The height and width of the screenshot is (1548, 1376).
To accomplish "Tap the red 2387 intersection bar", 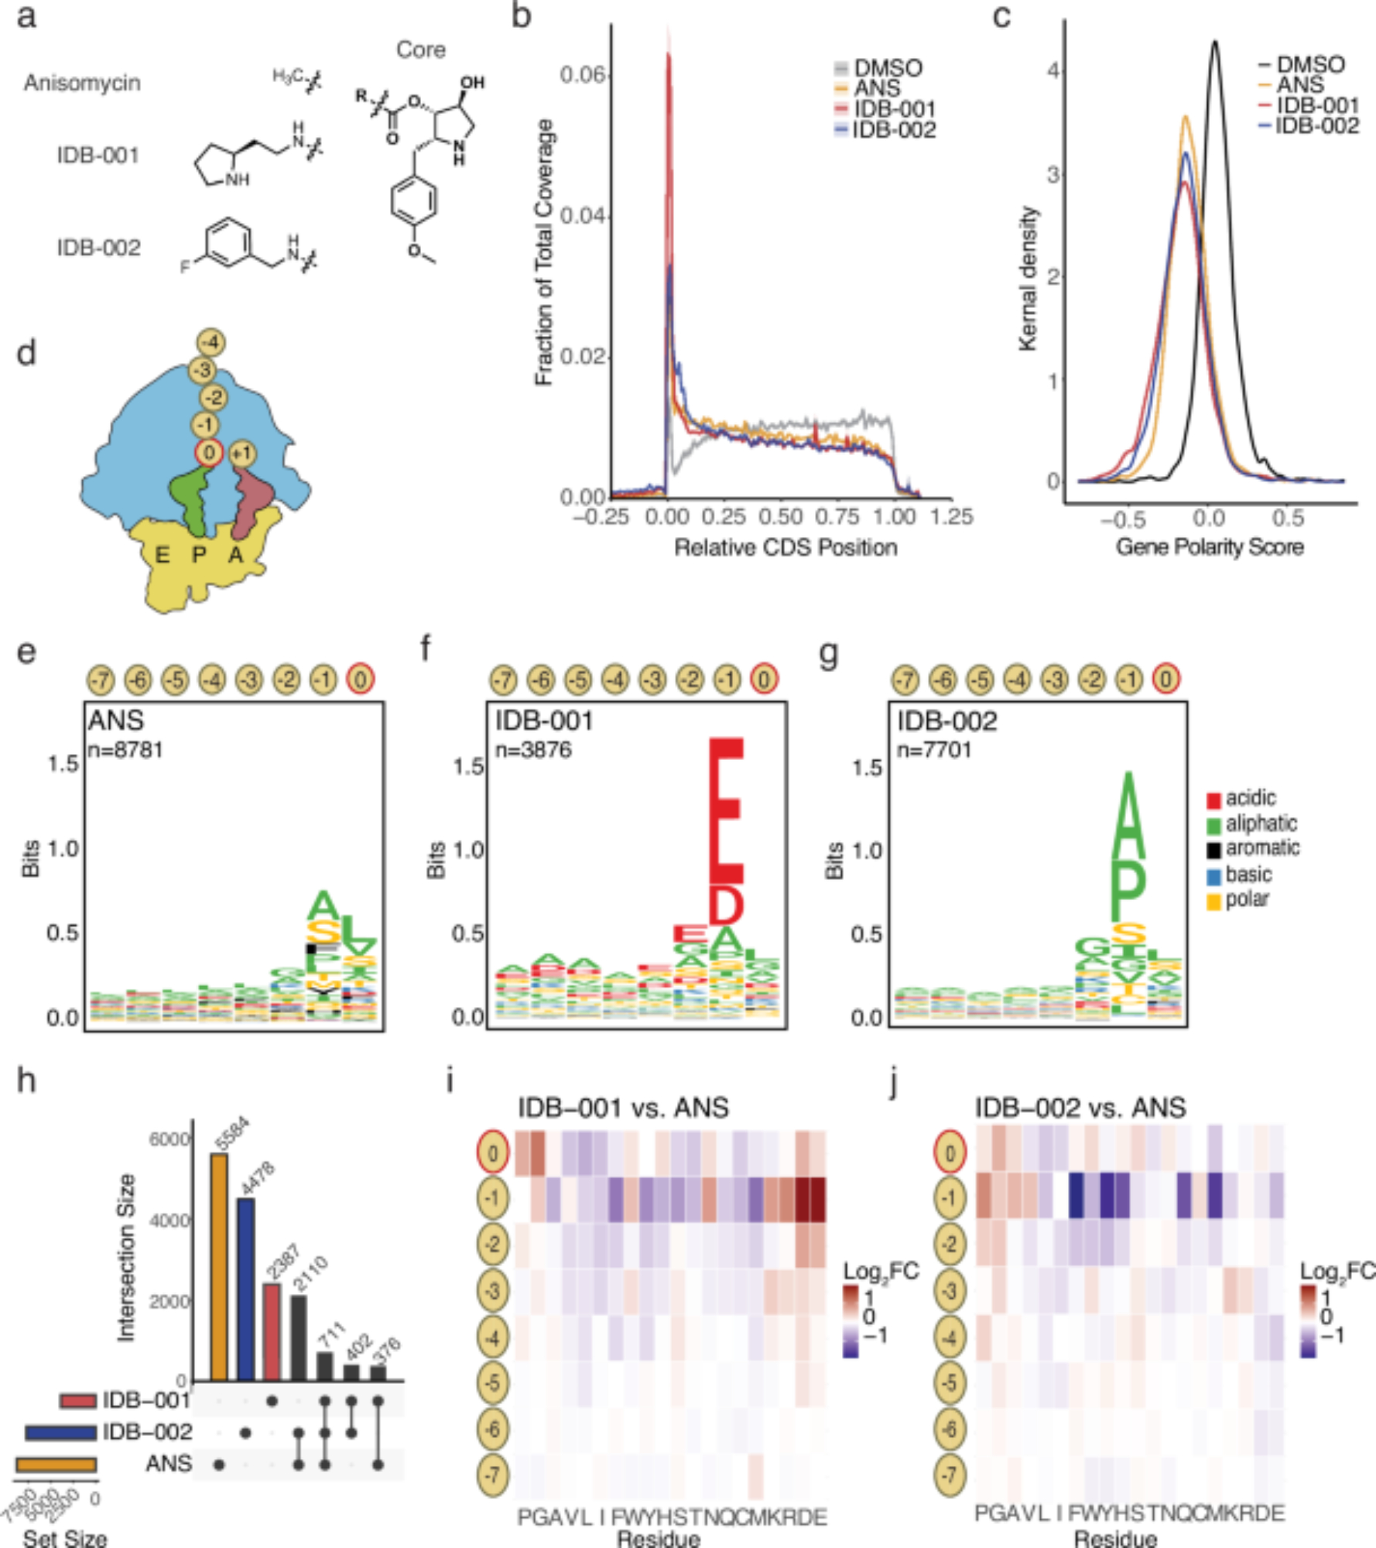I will (x=272, y=1331).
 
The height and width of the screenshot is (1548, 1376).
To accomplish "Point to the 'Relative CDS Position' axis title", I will (x=786, y=547).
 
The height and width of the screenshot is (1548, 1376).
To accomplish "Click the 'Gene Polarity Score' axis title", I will (x=1209, y=546).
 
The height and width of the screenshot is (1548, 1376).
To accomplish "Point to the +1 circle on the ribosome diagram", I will (x=242, y=454).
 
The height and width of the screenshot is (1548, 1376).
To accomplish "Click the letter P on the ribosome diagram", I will (x=199, y=554).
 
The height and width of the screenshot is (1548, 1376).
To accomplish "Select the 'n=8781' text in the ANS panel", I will (x=125, y=749).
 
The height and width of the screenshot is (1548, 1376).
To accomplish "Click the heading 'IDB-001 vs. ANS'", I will (x=623, y=1107).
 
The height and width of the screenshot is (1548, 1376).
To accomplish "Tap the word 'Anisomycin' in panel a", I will (x=82, y=83).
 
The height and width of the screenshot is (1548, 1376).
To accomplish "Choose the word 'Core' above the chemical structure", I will (x=420, y=50).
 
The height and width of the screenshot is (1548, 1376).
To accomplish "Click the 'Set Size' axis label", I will (x=65, y=1537).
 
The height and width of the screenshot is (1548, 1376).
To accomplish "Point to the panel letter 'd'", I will (x=26, y=354).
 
